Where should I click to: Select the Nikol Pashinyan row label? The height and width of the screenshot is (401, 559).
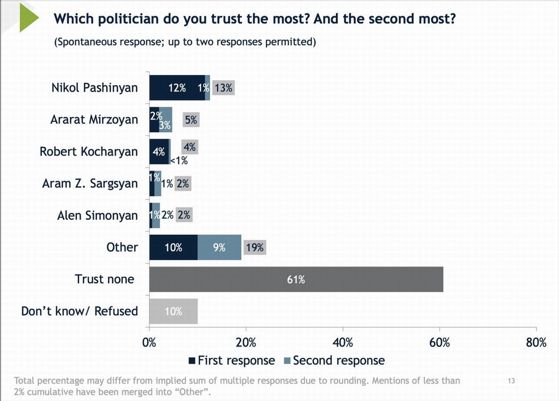coord(95,88)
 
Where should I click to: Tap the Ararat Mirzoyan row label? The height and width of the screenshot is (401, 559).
coord(94,120)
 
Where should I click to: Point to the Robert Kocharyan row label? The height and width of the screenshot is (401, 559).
coord(89,152)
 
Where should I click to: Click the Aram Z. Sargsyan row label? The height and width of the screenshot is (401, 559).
coord(90,184)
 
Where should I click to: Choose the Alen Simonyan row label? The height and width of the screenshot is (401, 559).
coord(97,216)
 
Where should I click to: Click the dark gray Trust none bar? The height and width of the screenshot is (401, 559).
coord(296,279)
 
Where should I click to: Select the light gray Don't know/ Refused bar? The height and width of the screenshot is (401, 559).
coord(173,311)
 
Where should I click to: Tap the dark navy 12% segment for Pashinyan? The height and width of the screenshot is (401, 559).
coord(177,88)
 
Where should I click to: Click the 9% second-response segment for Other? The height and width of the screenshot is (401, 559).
coord(219,247)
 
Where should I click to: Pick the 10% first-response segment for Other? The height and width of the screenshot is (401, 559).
coord(173,247)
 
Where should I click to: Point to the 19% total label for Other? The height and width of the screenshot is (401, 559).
coord(255,247)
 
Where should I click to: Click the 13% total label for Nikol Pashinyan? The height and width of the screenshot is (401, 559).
coord(224,88)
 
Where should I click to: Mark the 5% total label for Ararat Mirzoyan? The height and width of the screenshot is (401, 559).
coord(191,120)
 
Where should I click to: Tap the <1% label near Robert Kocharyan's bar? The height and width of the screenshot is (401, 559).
coord(178,161)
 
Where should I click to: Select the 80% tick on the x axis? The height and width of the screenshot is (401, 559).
coord(536,343)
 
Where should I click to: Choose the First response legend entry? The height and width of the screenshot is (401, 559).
coord(232,360)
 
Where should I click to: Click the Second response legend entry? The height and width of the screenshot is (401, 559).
coord(334,360)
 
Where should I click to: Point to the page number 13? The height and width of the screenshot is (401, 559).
coord(511,381)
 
